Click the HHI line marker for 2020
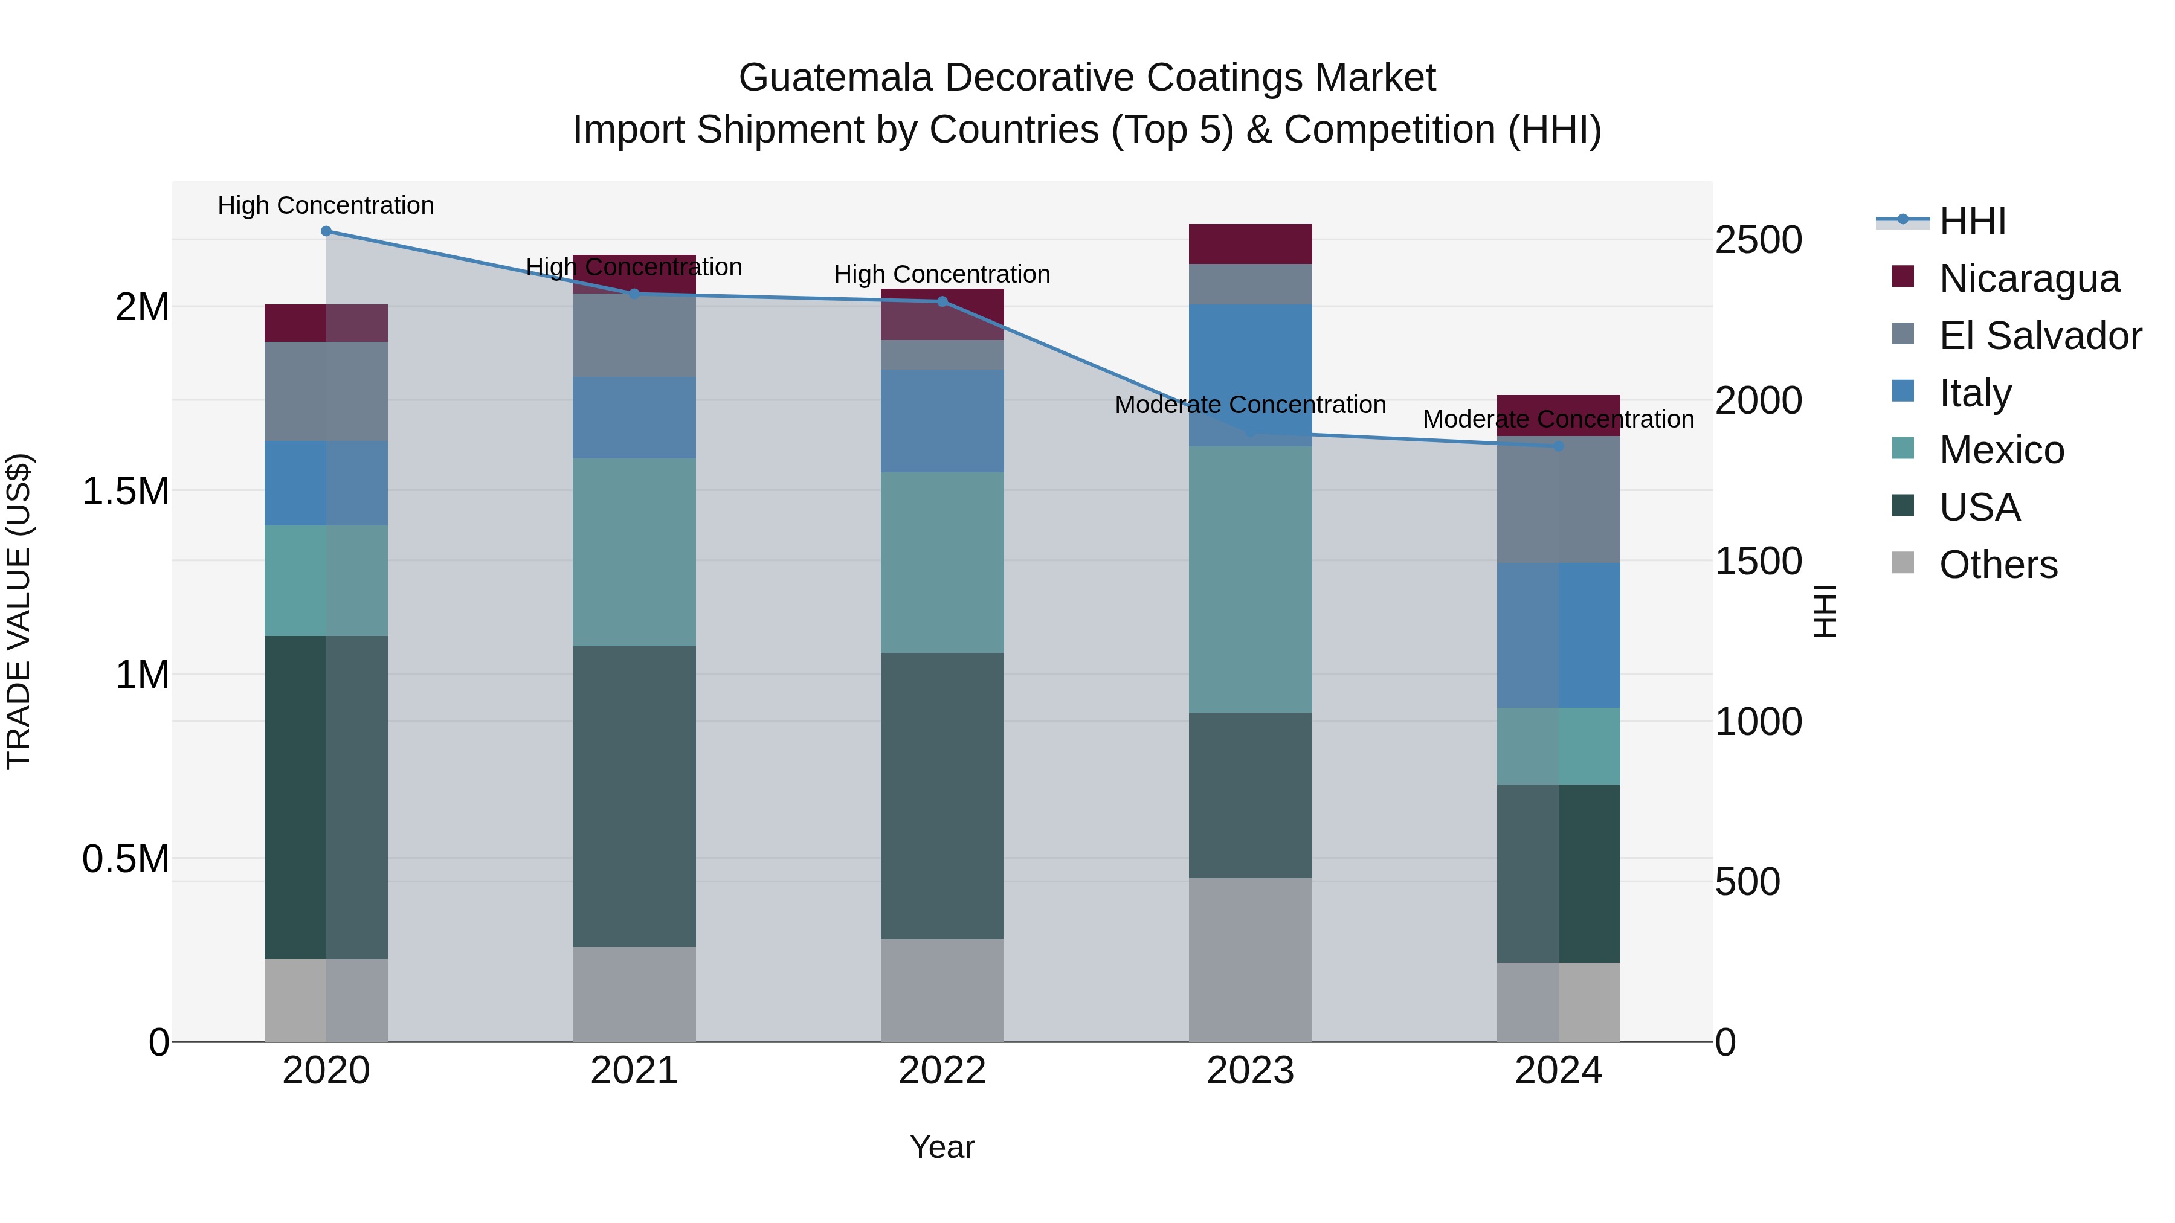[326, 231]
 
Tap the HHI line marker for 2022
[942, 301]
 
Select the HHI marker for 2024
[1559, 446]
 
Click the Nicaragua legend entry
[2029, 278]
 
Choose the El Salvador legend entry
[2040, 336]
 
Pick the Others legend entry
[1998, 565]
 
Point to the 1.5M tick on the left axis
[125, 491]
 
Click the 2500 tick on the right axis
[1758, 240]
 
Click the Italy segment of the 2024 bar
[1559, 635]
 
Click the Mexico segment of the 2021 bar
[634, 552]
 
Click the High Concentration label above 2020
[326, 205]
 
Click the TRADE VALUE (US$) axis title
[19, 611]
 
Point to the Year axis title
[942, 1147]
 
